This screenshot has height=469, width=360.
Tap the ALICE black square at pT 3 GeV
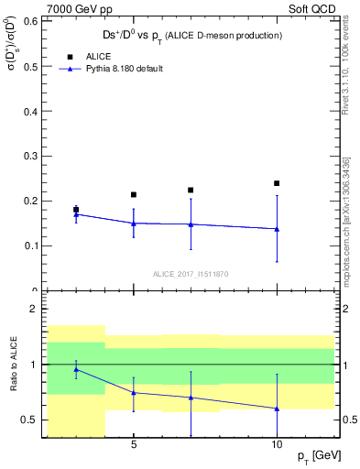(x=76, y=210)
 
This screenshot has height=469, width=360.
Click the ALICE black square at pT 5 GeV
(x=134, y=194)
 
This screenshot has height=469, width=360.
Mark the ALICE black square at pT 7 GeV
(x=191, y=190)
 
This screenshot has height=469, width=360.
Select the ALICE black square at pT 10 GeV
(x=277, y=183)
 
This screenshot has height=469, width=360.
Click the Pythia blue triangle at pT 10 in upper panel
(x=277, y=229)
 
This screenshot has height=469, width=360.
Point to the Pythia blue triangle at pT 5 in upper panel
(x=134, y=223)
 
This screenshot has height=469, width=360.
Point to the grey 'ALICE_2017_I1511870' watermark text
(x=191, y=275)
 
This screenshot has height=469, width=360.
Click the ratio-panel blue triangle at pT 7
(x=191, y=398)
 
